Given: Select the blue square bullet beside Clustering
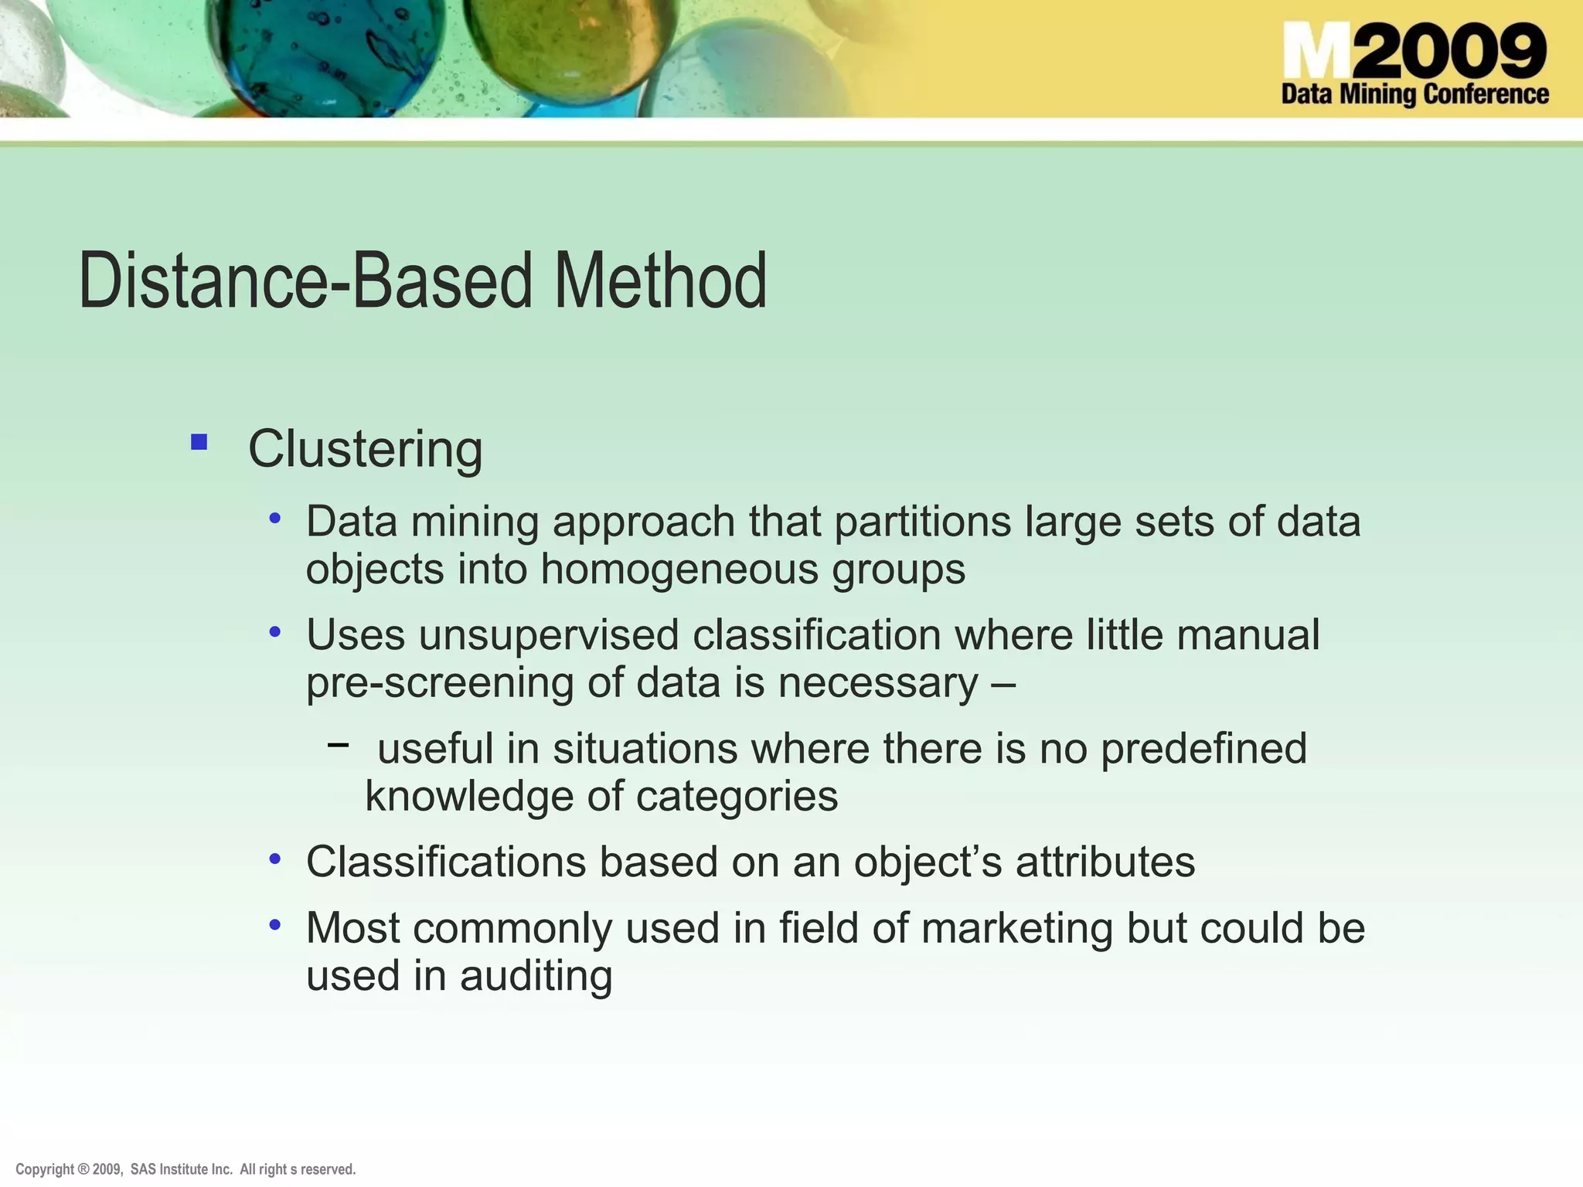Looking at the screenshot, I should click(x=199, y=442).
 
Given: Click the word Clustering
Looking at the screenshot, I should click(x=365, y=449).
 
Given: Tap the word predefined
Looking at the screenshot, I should click(x=1203, y=749).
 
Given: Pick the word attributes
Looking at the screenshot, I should click(x=1105, y=862).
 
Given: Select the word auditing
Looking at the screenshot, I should click(x=536, y=975).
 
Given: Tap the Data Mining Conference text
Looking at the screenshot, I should click(x=1414, y=94).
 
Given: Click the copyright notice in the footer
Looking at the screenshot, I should click(x=186, y=1169).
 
